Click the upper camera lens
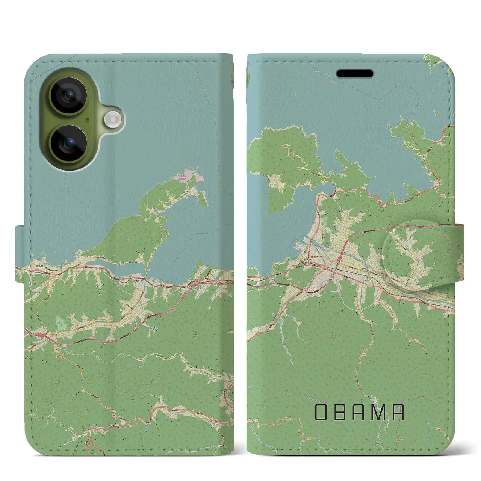tap(69, 95)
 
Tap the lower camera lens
tap(69, 143)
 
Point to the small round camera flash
tap(111, 120)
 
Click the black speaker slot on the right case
tap(355, 73)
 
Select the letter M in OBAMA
tap(378, 412)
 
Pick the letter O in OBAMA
tap(322, 412)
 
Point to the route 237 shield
tap(24, 269)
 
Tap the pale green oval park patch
tap(60, 322)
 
